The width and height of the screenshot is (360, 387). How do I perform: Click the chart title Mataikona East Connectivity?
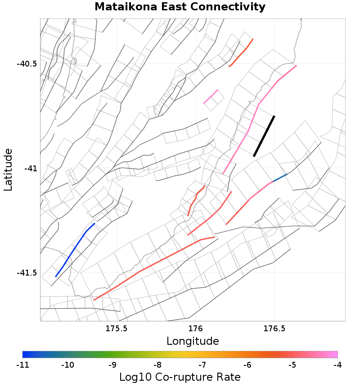click(180, 7)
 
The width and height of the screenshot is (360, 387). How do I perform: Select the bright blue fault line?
click(74, 250)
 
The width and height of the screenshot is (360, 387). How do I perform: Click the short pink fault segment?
click(211, 97)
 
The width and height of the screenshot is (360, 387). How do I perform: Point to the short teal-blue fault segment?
click(280, 178)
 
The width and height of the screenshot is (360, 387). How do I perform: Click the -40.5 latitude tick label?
click(27, 64)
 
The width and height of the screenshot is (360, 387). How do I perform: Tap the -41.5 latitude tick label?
click(27, 273)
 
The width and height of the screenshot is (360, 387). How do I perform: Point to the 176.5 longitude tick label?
click(274, 329)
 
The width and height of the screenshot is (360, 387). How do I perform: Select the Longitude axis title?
click(193, 341)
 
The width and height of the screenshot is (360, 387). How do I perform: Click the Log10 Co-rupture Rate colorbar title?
click(180, 377)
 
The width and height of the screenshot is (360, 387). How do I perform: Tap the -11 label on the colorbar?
click(22, 364)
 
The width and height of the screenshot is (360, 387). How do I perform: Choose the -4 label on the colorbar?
click(337, 364)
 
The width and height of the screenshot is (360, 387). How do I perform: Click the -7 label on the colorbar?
click(202, 364)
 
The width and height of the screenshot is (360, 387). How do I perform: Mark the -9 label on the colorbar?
click(112, 364)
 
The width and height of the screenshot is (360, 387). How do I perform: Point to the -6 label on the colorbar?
click(247, 364)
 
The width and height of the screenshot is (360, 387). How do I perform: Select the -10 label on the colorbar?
click(67, 364)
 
